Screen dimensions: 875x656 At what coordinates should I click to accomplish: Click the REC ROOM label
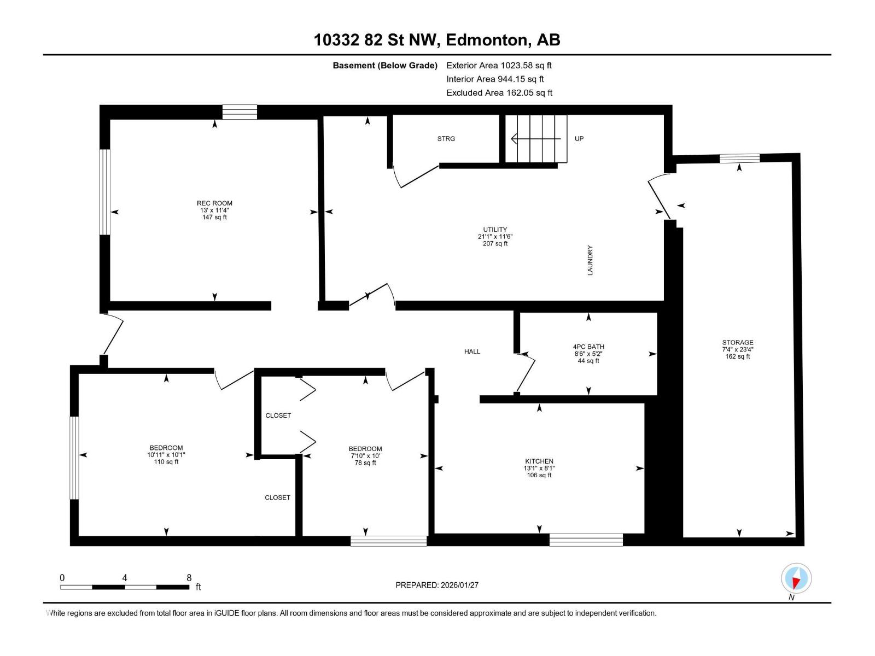point(214,203)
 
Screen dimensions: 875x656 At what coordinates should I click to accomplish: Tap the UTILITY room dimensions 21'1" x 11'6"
point(495,237)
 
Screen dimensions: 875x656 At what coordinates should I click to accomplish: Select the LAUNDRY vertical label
point(590,260)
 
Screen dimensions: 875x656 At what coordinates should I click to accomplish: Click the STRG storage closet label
point(446,139)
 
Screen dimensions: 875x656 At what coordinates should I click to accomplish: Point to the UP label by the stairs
point(579,139)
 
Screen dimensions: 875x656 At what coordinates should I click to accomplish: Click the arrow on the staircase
point(536,139)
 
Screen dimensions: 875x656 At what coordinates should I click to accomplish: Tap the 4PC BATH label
point(588,347)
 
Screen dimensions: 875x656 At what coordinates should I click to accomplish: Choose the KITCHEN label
point(539,461)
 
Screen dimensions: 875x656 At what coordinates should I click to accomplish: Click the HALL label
point(472,352)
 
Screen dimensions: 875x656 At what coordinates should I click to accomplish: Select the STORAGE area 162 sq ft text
point(738,356)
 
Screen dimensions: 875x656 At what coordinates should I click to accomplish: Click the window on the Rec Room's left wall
point(104,192)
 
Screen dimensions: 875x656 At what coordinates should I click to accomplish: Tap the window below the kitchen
point(586,540)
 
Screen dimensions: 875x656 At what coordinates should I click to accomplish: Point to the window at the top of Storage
point(739,159)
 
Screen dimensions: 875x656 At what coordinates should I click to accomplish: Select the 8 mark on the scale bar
point(189,577)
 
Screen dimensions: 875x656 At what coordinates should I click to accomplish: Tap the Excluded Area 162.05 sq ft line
point(499,93)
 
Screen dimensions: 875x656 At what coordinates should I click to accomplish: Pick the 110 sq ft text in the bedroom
point(166,461)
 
